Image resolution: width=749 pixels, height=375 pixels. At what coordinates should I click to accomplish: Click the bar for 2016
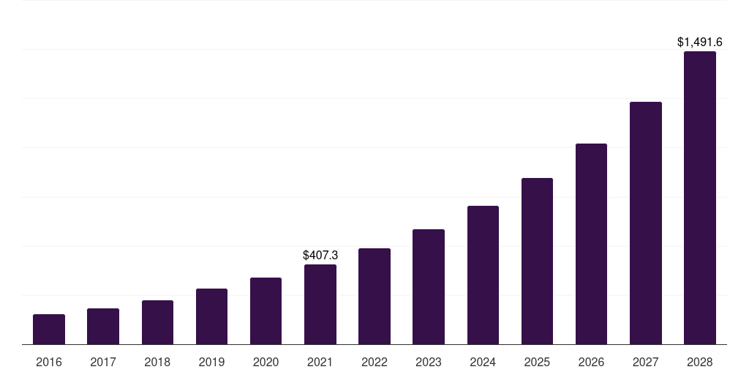point(49,330)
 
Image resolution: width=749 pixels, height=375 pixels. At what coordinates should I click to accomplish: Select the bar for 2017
point(103,327)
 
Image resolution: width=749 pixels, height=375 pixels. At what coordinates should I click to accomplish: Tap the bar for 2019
point(211,316)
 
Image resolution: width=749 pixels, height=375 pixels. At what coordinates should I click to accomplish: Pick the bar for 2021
point(320,305)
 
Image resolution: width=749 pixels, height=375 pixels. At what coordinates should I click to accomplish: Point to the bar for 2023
point(429,287)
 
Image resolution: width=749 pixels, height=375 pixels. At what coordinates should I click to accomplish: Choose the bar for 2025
point(537,261)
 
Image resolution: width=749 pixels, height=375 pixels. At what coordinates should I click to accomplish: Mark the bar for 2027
point(645,223)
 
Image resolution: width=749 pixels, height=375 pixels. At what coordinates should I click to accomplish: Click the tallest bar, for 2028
point(700,198)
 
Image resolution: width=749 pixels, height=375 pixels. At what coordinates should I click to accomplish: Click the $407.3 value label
point(320,255)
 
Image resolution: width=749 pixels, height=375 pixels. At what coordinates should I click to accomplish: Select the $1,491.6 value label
point(700,42)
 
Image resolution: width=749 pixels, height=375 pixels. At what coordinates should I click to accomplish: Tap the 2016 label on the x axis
point(49,362)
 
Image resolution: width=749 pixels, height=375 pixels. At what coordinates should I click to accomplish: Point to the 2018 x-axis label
point(157,362)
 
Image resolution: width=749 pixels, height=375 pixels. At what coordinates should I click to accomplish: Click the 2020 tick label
point(266,362)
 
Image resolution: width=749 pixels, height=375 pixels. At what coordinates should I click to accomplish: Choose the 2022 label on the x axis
point(374,362)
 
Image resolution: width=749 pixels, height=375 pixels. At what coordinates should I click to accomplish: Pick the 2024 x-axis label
point(483,362)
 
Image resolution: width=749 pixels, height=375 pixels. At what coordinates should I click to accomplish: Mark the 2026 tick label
point(591,362)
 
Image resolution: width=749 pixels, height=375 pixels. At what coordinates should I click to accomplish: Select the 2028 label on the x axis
point(700,362)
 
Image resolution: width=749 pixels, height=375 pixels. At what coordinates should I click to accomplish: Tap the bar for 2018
point(157,322)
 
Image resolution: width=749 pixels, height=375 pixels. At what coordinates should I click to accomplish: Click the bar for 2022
point(374,297)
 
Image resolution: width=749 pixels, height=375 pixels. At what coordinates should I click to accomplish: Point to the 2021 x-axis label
point(320,362)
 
